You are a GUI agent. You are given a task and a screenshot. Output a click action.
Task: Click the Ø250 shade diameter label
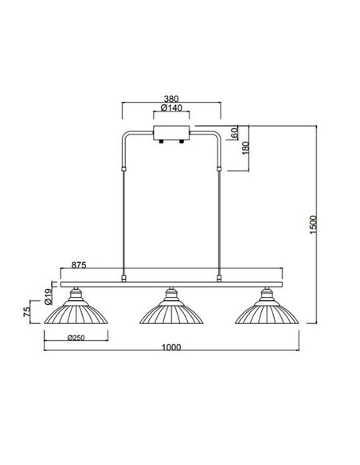(x=76, y=338)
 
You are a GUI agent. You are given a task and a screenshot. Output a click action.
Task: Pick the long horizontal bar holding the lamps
(x=170, y=283)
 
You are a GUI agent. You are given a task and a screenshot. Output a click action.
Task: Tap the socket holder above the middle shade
(x=170, y=295)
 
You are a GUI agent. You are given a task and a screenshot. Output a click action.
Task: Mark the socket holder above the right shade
(x=267, y=295)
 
